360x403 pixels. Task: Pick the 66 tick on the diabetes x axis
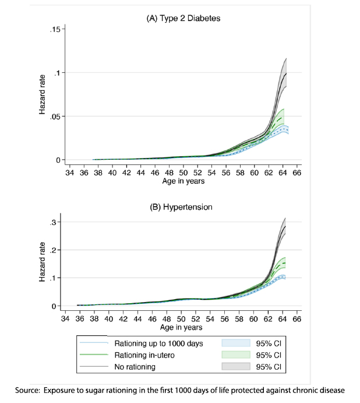click(x=296, y=173)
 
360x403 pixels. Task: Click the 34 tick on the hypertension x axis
click(x=68, y=320)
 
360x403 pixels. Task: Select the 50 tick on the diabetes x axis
click(x=182, y=173)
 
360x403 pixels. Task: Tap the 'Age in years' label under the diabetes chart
click(x=183, y=181)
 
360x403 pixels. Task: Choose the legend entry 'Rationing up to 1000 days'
click(x=158, y=344)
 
